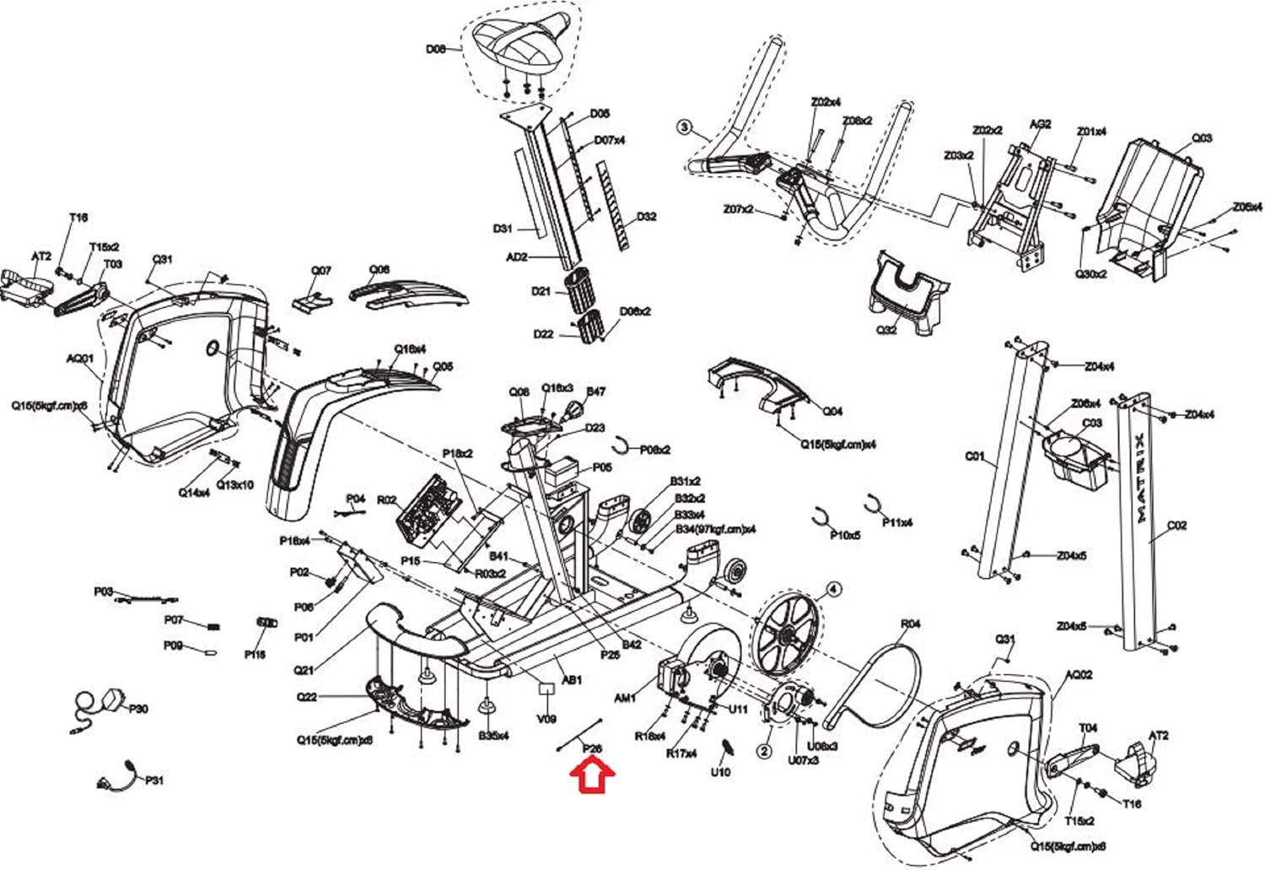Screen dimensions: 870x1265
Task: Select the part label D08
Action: point(435,49)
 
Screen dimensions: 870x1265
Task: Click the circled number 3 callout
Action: point(684,128)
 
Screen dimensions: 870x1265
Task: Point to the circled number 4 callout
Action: point(832,589)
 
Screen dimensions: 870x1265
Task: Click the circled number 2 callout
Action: point(764,750)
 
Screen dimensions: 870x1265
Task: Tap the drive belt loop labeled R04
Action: point(877,684)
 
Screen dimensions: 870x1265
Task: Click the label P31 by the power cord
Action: point(154,781)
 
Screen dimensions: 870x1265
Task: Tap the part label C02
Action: point(1176,526)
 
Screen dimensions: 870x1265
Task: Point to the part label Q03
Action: point(1201,138)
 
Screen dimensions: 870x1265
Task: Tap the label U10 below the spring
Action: point(720,772)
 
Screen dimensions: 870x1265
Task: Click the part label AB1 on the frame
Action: point(571,679)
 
